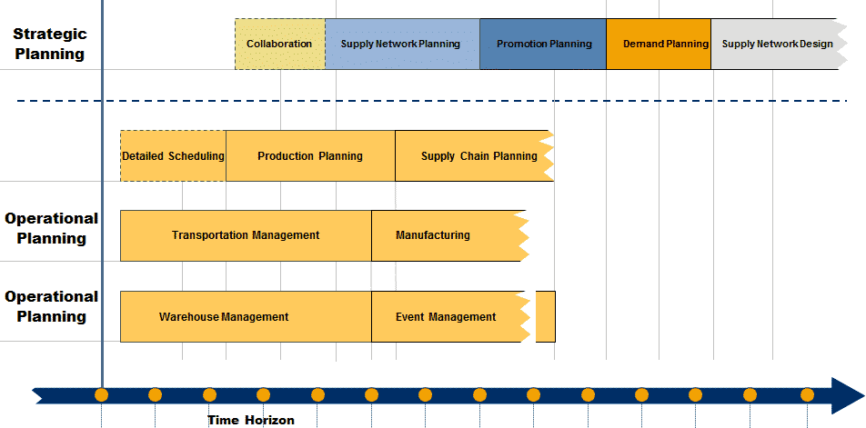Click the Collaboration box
279,44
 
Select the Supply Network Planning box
401,44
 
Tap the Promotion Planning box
543,44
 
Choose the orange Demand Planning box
659,44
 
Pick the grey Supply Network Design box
775,44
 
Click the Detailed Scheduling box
173,155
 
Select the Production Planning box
310,155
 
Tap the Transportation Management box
246,235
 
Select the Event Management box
447,317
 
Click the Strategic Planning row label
50,44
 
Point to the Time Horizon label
251,420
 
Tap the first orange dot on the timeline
101,395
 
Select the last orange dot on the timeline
807,395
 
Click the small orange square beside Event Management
545,317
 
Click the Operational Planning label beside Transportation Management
52,228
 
